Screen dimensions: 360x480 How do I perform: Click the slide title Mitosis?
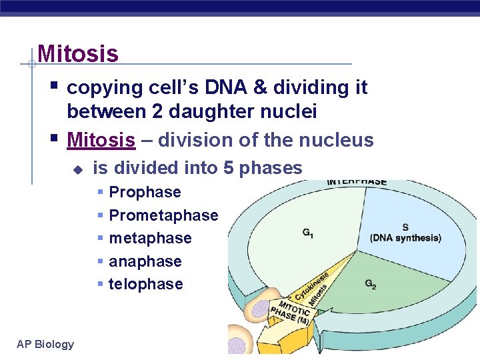[78, 53]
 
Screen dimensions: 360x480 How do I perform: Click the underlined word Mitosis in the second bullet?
[101, 141]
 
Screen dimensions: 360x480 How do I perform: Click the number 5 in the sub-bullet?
[229, 168]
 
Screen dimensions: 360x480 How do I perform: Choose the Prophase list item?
[145, 193]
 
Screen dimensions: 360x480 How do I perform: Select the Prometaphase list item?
[163, 215]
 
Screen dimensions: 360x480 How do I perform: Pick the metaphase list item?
[150, 239]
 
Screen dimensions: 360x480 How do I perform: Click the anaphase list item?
[145, 261]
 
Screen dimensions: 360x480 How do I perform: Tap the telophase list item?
[145, 284]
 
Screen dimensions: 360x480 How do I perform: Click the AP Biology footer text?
[45, 344]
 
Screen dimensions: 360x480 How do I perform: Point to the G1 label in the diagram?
[309, 233]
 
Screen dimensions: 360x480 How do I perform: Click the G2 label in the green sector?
[371, 284]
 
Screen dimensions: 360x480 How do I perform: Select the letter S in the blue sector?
[405, 227]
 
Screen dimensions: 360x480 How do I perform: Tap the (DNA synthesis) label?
[405, 238]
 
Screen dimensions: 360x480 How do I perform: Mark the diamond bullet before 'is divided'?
[77, 169]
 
